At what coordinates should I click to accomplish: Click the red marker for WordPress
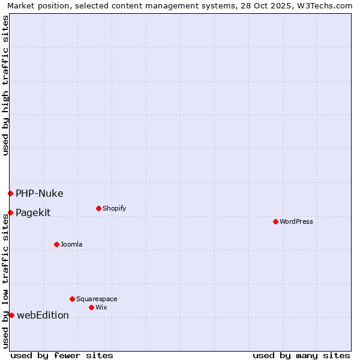point(275,221)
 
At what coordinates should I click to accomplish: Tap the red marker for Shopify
point(98,208)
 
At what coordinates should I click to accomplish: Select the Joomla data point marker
point(56,244)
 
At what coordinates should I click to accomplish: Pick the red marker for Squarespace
point(72,299)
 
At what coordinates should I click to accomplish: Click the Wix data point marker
point(91,307)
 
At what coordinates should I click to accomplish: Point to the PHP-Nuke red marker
point(10,193)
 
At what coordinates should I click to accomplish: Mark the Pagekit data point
point(10,212)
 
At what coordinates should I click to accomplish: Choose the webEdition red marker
point(11,315)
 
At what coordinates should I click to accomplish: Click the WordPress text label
point(296,221)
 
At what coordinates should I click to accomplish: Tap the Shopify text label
point(114,208)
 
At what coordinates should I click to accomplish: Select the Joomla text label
point(71,244)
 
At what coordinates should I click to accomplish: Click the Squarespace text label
point(97,299)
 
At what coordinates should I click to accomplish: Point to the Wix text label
point(101,307)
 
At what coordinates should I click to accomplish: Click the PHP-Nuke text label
point(39,193)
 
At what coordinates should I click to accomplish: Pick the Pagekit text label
point(33,212)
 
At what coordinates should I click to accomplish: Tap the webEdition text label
point(43,315)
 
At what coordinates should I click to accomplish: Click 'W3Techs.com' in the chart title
point(326,5)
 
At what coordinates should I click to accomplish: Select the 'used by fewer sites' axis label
point(62,355)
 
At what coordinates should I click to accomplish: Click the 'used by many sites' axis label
point(301,355)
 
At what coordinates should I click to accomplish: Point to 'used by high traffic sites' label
point(5,85)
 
